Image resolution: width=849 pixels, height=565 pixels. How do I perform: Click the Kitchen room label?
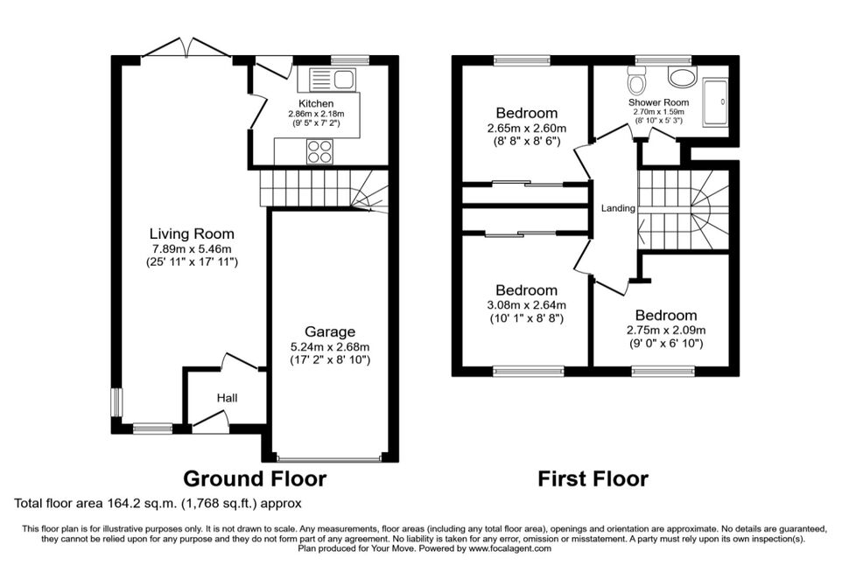[316, 103]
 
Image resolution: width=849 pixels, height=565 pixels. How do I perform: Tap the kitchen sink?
[332, 79]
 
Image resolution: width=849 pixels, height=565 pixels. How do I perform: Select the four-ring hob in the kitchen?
[319, 151]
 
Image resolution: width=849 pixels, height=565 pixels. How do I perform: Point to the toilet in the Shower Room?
[635, 80]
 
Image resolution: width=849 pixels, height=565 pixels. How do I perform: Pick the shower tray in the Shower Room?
[715, 102]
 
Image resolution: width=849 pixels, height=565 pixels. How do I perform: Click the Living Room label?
[192, 234]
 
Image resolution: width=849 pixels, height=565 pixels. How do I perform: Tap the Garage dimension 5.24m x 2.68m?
[330, 347]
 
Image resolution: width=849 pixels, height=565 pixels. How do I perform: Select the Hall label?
[227, 398]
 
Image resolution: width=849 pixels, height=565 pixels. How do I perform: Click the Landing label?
[618, 208]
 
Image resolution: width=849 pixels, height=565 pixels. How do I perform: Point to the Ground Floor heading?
[255, 479]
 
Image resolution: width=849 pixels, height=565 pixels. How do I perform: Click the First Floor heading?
[593, 479]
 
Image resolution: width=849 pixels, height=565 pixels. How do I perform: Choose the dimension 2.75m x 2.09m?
[666, 330]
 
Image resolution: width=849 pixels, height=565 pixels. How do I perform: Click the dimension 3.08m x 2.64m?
[526, 305]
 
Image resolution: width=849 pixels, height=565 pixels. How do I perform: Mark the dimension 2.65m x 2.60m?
[526, 129]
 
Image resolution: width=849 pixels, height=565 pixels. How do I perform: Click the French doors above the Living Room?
[186, 47]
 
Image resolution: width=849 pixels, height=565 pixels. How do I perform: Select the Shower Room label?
[658, 102]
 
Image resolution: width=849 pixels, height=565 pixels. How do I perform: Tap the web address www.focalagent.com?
[510, 548]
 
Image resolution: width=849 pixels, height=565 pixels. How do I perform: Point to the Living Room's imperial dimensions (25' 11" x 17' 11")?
[193, 262]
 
